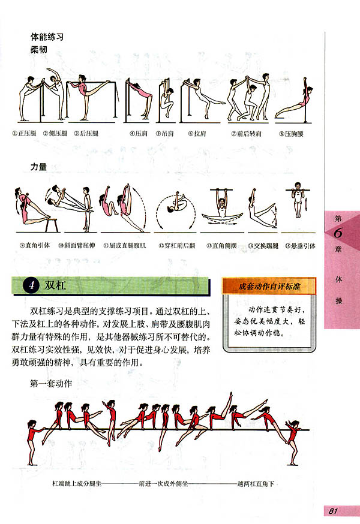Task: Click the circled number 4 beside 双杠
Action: [29, 285]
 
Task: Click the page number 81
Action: [335, 511]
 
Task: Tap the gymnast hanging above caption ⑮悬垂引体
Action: [298, 207]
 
